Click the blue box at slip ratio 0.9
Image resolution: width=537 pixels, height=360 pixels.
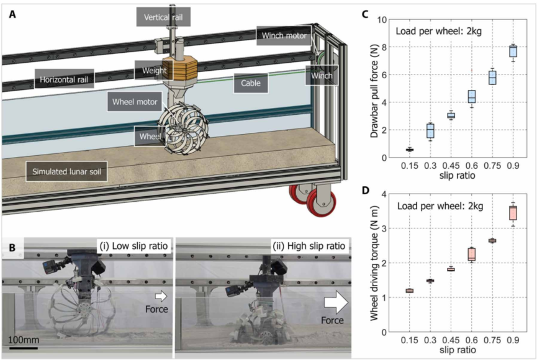click(513, 50)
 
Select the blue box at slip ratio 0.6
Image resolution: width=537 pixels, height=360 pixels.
click(471, 97)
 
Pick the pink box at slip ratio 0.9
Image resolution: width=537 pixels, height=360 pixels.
click(513, 213)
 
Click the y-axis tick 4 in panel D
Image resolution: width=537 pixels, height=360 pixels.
click(382, 194)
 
